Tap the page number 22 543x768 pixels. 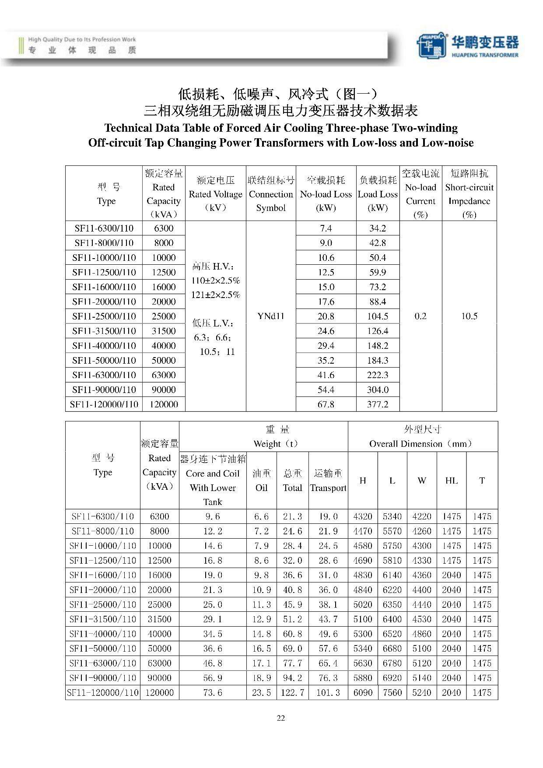click(281, 718)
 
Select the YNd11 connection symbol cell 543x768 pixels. click(271, 316)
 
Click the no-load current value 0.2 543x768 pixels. click(420, 316)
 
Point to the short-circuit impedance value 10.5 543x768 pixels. click(469, 316)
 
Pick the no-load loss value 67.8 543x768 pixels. click(326, 404)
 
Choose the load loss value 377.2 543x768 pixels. click(378, 404)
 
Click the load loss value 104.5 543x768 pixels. click(378, 316)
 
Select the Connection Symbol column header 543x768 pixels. click(271, 194)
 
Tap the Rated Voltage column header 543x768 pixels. click(215, 194)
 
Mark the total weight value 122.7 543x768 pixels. click(292, 693)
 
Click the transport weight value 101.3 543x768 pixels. click(328, 693)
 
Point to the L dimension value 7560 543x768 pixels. click(392, 693)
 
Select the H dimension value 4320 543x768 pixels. click(363, 516)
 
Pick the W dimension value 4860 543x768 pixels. click(422, 634)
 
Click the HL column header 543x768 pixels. click(452, 480)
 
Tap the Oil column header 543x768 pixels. click(261, 480)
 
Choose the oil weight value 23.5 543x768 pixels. click(261, 693)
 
